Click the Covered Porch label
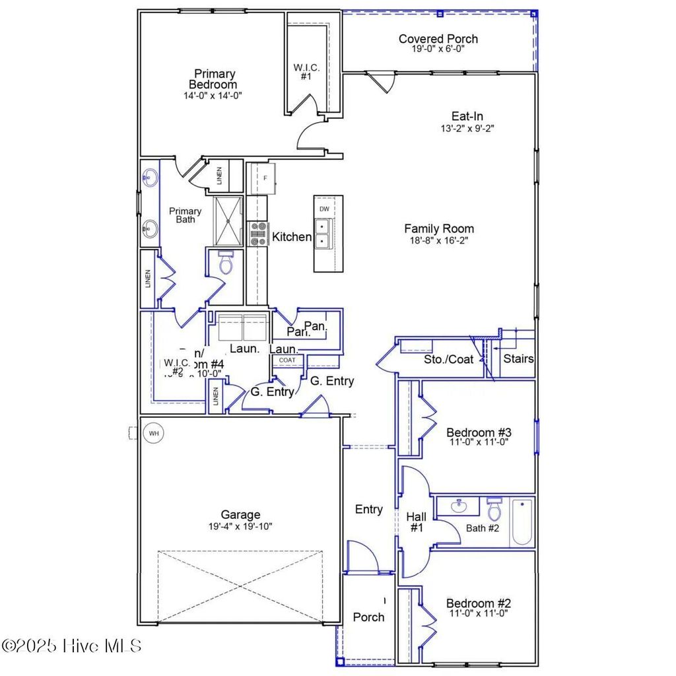438,39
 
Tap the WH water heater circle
154,434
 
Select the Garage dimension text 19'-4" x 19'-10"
240,526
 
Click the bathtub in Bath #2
522,522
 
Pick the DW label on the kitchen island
323,209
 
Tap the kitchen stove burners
258,234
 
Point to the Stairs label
518,359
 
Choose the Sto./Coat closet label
448,360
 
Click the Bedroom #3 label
479,432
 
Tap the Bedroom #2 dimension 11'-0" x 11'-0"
479,613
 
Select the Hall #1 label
415,522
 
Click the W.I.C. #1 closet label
306,72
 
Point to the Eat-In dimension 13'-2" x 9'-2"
467,128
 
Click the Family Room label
439,229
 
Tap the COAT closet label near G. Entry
287,360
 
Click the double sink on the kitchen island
323,234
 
